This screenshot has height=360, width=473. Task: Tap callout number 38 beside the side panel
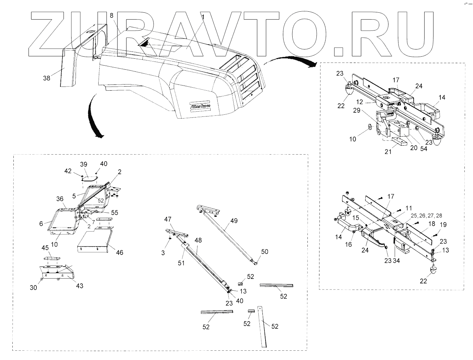(x=47, y=78)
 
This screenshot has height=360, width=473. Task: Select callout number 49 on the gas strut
(x=234, y=221)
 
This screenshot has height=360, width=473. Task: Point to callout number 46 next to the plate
(x=120, y=252)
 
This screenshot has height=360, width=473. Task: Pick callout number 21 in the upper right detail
(x=388, y=151)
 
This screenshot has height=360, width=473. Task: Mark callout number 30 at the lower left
(x=33, y=288)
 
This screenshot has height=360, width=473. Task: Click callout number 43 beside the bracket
(x=80, y=286)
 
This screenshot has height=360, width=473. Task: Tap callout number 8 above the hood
(x=111, y=15)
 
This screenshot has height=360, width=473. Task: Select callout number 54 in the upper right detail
(x=424, y=149)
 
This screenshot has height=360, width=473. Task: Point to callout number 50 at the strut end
(x=264, y=252)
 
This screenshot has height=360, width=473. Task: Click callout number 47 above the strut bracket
(x=168, y=219)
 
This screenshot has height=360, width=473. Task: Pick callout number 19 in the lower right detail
(x=443, y=225)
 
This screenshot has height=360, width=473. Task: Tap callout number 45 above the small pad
(x=45, y=248)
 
